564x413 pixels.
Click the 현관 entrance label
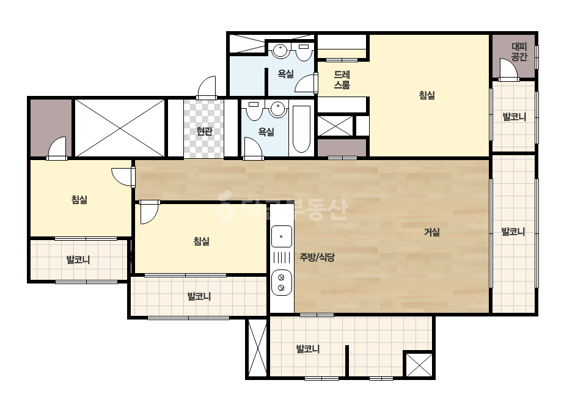tap(204, 131)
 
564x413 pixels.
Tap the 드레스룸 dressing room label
tap(342, 79)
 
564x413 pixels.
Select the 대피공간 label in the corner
tap(519, 51)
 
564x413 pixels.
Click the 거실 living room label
tap(431, 232)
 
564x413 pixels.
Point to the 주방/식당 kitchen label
tap(317, 257)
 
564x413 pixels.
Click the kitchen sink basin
tap(281, 236)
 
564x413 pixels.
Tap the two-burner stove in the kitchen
tap(281, 282)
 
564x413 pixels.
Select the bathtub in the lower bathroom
tap(301, 129)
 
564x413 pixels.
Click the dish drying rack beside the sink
tap(281, 258)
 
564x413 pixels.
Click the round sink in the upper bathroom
tap(279, 51)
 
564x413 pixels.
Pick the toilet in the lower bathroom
tap(254, 111)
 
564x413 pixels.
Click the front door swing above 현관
tap(207, 87)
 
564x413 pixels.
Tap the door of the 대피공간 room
tap(508, 70)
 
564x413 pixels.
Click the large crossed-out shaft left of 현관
tap(119, 128)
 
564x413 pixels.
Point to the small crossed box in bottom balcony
tap(419, 365)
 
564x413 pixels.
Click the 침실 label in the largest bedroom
tap(427, 95)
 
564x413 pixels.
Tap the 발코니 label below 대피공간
tap(514, 117)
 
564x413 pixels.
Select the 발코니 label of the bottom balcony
tap(307, 349)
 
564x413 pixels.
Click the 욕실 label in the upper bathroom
tap(285, 74)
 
